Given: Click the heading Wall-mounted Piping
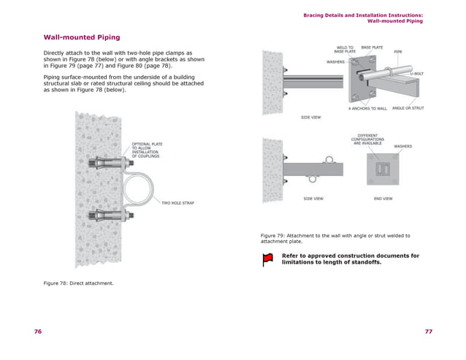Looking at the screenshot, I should pyautogui.click(x=82, y=37).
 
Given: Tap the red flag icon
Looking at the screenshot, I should pyautogui.click(x=267, y=258).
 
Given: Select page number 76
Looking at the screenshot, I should pyautogui.click(x=37, y=331).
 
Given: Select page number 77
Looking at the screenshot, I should pyautogui.click(x=428, y=331).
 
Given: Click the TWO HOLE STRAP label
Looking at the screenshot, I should pyautogui.click(x=177, y=202).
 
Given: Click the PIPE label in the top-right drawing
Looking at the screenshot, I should pyautogui.click(x=398, y=52).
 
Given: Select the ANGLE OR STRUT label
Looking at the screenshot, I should pyautogui.click(x=408, y=108).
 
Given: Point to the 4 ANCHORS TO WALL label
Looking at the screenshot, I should pyautogui.click(x=367, y=108).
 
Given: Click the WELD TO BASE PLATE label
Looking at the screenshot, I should pyautogui.click(x=345, y=50).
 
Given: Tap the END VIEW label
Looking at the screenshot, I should pyautogui.click(x=383, y=199).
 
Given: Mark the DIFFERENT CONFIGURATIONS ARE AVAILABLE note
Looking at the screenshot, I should pyautogui.click(x=367, y=139).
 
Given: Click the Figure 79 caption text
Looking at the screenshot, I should pyautogui.click(x=335, y=238).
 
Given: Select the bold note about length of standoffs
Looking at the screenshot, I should pyautogui.click(x=351, y=258).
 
